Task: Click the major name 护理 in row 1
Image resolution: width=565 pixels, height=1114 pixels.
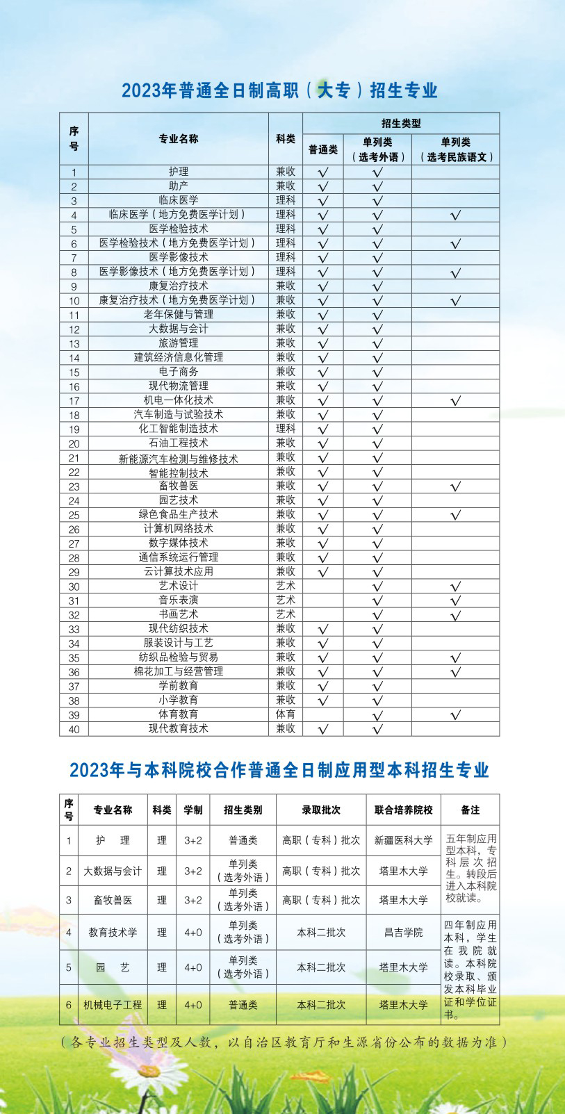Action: [178, 171]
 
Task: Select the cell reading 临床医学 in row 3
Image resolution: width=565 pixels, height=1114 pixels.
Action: [178, 200]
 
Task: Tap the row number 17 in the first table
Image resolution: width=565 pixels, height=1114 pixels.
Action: [74, 401]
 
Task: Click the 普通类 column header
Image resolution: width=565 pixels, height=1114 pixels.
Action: [322, 149]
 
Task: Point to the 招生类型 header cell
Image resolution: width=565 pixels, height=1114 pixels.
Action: [401, 123]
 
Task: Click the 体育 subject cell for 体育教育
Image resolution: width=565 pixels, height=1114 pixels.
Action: [285, 714]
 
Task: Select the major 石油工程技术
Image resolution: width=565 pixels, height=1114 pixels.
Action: [178, 443]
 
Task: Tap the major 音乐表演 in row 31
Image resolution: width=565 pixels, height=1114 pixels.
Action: [178, 600]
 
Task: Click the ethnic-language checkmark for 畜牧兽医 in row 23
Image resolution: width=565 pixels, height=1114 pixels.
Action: [455, 486]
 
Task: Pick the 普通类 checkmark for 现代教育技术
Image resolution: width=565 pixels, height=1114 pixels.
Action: [322, 729]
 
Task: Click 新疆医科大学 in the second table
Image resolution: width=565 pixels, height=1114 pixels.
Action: [403, 840]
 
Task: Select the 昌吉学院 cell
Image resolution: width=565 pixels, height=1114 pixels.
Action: [403, 932]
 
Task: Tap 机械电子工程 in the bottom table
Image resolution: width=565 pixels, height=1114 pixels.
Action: [113, 1004]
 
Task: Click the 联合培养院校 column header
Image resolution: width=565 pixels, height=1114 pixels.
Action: [403, 810]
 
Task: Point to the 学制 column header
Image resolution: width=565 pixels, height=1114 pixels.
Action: [193, 810]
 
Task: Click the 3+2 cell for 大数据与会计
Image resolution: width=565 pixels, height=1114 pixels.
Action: [193, 871]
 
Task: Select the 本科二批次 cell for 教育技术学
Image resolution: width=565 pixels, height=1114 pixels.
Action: [321, 932]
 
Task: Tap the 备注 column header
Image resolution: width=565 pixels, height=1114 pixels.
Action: [470, 810]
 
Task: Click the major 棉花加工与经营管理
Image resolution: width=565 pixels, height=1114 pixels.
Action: [178, 671]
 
